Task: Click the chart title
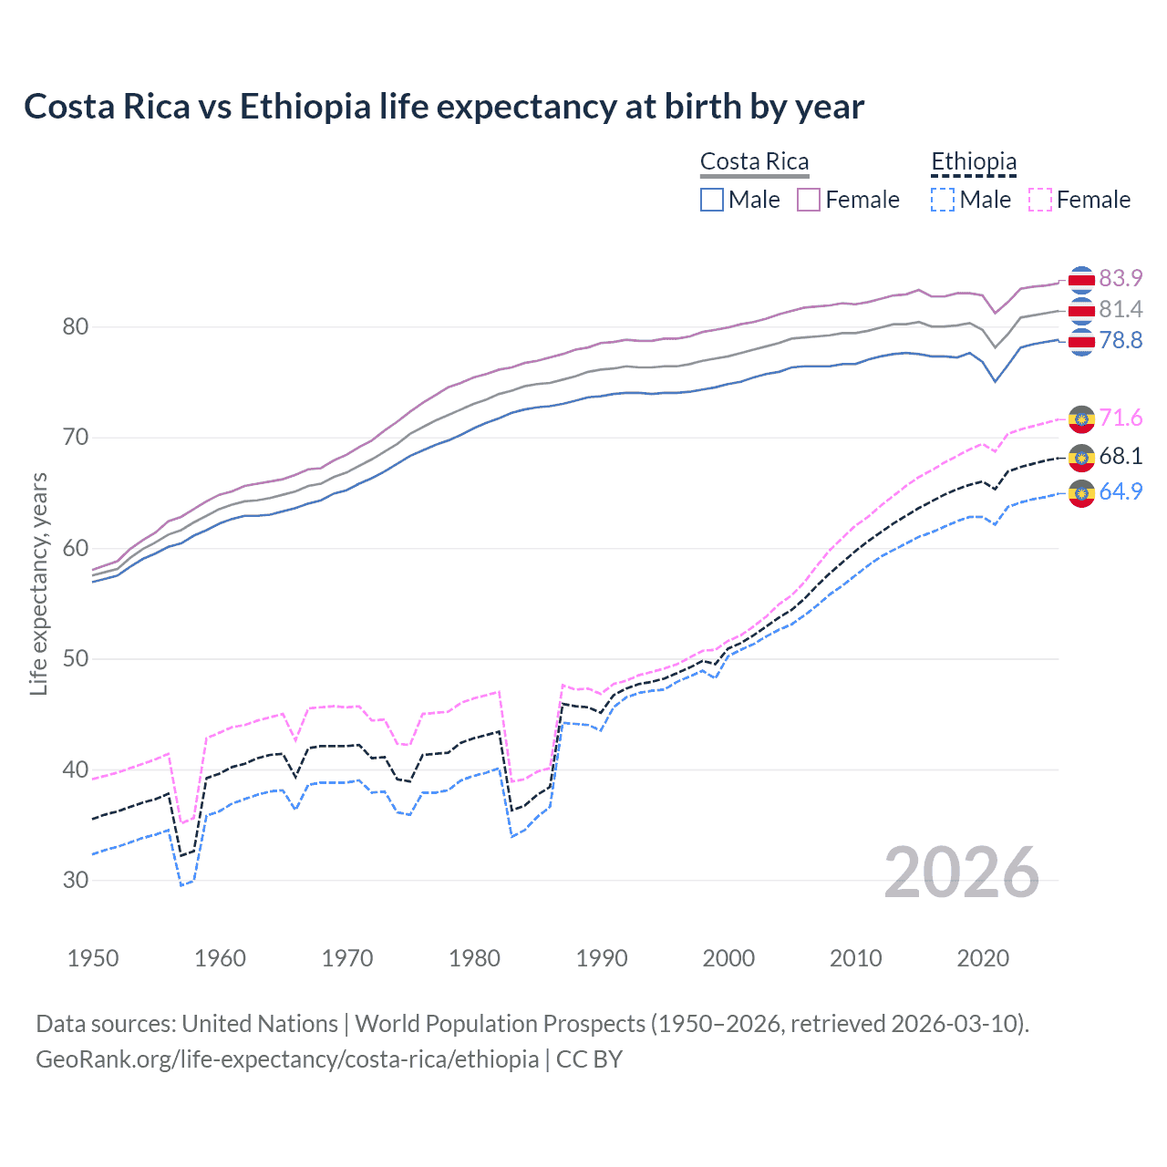tap(443, 107)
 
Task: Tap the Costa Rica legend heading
tap(754, 162)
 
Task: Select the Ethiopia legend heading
tap(973, 162)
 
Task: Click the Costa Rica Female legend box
tap(809, 200)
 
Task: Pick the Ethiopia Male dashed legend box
tap(943, 200)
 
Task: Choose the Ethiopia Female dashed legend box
tap(1040, 200)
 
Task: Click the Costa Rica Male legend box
tap(712, 200)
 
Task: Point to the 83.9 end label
tap(1121, 278)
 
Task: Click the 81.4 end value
tap(1121, 310)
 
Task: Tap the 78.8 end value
tap(1121, 341)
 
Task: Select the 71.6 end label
tap(1121, 418)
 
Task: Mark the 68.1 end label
tap(1121, 456)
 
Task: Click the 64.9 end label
tap(1121, 491)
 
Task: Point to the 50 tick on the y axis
tap(76, 658)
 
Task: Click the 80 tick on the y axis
tap(76, 326)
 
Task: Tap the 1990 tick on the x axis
tap(602, 958)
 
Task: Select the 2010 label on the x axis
tap(855, 958)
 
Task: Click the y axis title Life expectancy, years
tap(38, 583)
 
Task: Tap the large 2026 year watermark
tap(961, 873)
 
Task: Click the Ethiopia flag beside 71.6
tap(1081, 418)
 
